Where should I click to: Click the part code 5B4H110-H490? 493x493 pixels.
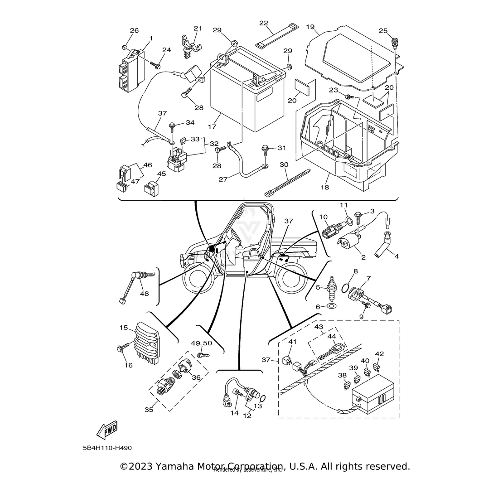(x=107, y=448)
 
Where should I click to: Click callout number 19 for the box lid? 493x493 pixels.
(x=310, y=27)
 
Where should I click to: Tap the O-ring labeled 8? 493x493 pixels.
(x=346, y=289)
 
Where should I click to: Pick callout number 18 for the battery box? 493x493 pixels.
(x=325, y=187)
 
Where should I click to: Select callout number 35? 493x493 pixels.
(x=149, y=410)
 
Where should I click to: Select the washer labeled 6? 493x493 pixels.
(x=331, y=307)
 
